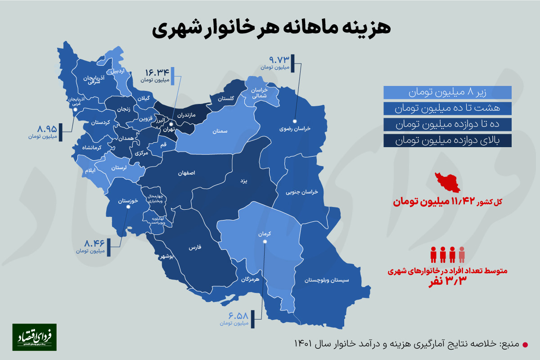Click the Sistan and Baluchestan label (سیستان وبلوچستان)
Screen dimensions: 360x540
(x=327, y=280)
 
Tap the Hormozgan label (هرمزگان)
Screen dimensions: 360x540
(x=251, y=279)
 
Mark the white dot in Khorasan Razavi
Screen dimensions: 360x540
(x=295, y=121)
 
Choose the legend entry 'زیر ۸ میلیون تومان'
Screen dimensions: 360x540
(x=448, y=93)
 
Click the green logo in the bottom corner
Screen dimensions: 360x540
(x=34, y=337)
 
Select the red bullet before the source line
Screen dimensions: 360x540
(x=525, y=344)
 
